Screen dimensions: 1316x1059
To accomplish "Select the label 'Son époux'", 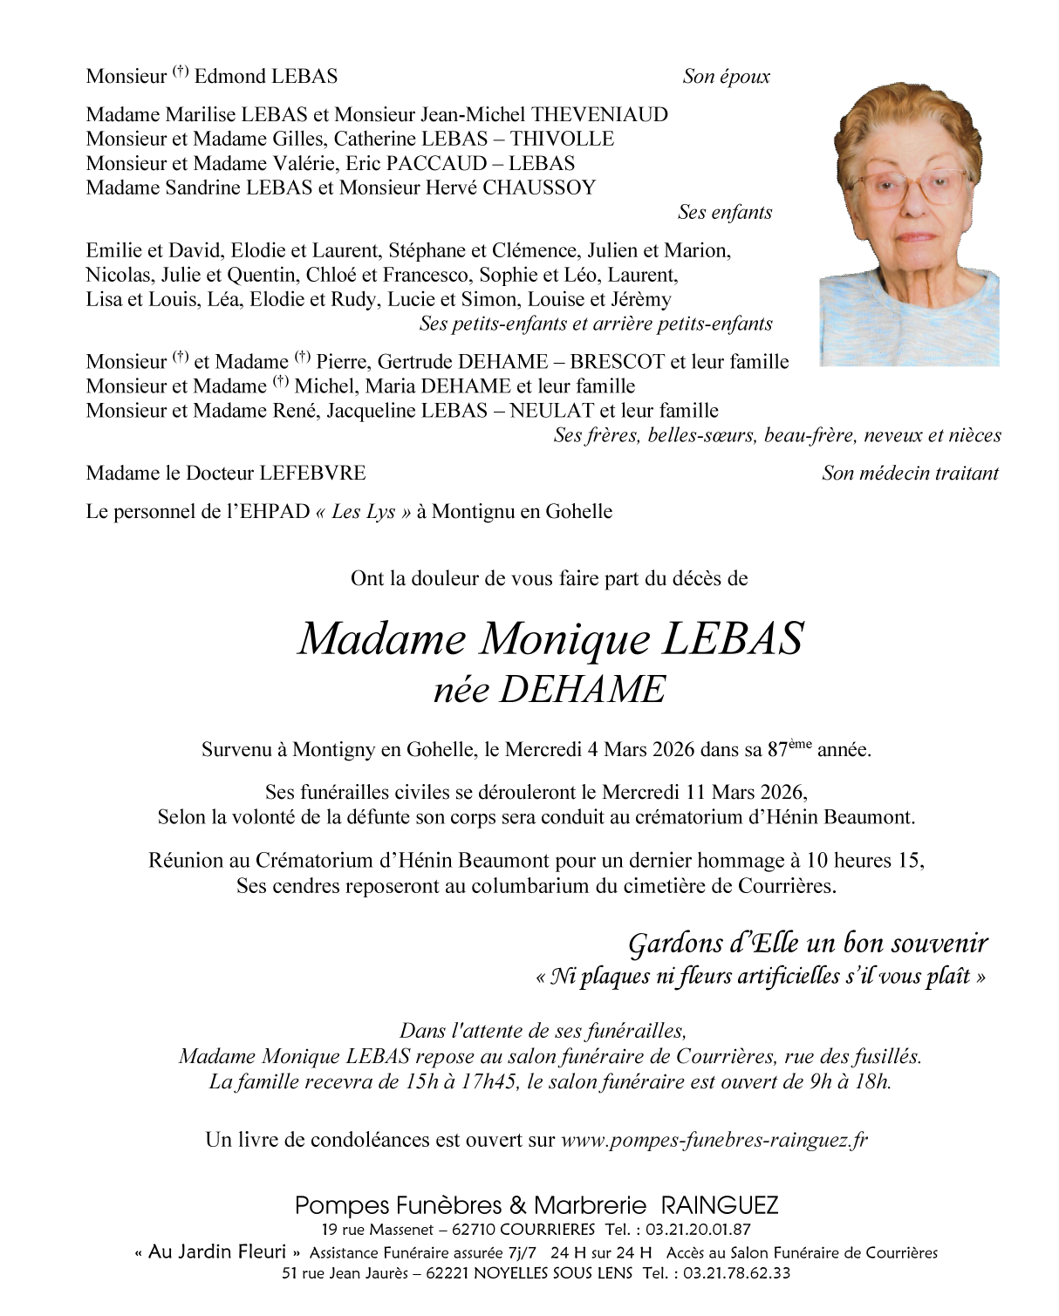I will click(726, 77).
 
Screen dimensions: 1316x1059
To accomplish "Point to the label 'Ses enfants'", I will click(724, 212).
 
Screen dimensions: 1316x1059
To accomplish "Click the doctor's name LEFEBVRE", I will click(311, 474).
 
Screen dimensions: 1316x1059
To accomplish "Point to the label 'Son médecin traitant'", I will click(910, 474).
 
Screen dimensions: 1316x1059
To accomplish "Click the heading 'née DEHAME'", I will click(550, 690).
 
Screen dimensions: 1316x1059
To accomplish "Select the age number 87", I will click(776, 750).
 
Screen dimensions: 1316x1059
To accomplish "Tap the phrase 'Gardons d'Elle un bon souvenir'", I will click(808, 943).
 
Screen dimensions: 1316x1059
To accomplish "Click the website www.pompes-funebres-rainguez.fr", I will click(714, 1139).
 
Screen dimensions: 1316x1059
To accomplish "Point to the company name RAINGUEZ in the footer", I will click(720, 1206).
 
